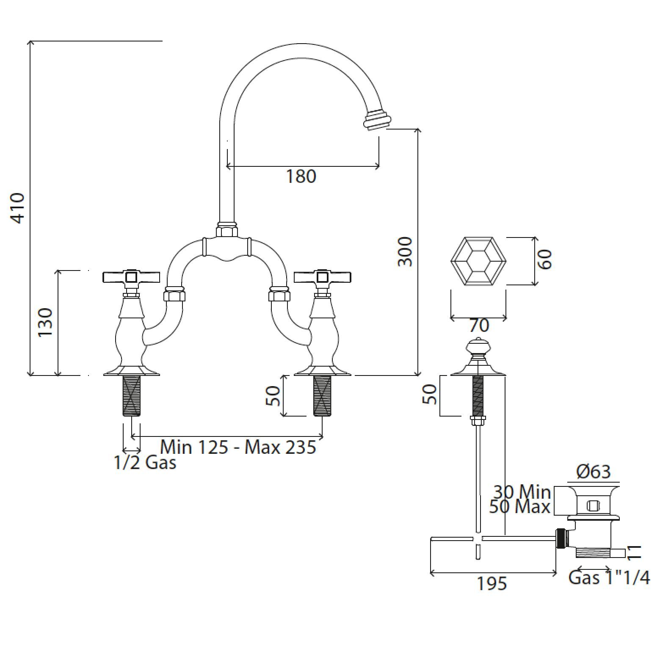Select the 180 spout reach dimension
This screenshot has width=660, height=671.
click(x=301, y=176)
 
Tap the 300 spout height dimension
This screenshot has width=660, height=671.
click(x=405, y=251)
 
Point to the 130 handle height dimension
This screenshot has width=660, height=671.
click(x=45, y=322)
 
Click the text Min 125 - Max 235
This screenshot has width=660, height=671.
click(x=238, y=447)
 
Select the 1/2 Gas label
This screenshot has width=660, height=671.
click(x=145, y=462)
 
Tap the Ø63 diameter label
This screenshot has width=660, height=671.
click(x=594, y=472)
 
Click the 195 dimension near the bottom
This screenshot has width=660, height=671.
click(x=492, y=584)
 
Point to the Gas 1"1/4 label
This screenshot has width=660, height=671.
click(x=609, y=577)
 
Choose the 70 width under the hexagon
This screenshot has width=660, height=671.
click(x=479, y=326)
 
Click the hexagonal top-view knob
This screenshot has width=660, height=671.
click(x=478, y=261)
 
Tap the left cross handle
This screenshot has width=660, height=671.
click(x=132, y=277)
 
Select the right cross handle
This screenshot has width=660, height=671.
click(x=323, y=277)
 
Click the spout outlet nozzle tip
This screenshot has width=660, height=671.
click(x=376, y=120)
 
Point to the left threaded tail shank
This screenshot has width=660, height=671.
click(x=131, y=396)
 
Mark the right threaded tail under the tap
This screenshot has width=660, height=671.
click(x=322, y=396)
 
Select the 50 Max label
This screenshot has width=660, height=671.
click(x=520, y=507)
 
